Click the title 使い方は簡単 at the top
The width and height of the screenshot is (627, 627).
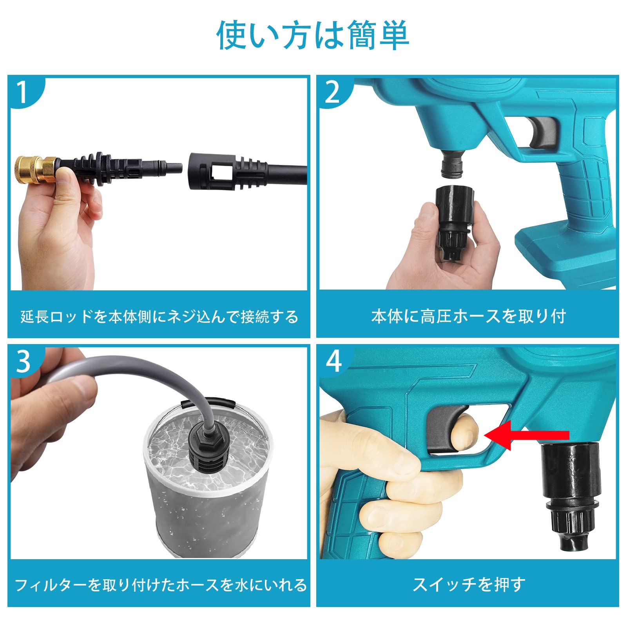[x=313, y=36]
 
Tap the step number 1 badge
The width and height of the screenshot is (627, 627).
[x=22, y=92]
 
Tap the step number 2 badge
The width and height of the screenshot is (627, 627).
[x=332, y=92]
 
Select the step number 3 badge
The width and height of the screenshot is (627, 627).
[x=23, y=361]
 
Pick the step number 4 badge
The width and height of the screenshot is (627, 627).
[x=333, y=361]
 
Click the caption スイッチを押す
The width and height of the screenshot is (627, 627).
[x=468, y=584]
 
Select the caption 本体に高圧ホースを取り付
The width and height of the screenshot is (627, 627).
[x=468, y=316]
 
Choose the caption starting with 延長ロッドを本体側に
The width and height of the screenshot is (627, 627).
[x=159, y=317]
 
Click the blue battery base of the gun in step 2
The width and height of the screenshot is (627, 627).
[x=564, y=255]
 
